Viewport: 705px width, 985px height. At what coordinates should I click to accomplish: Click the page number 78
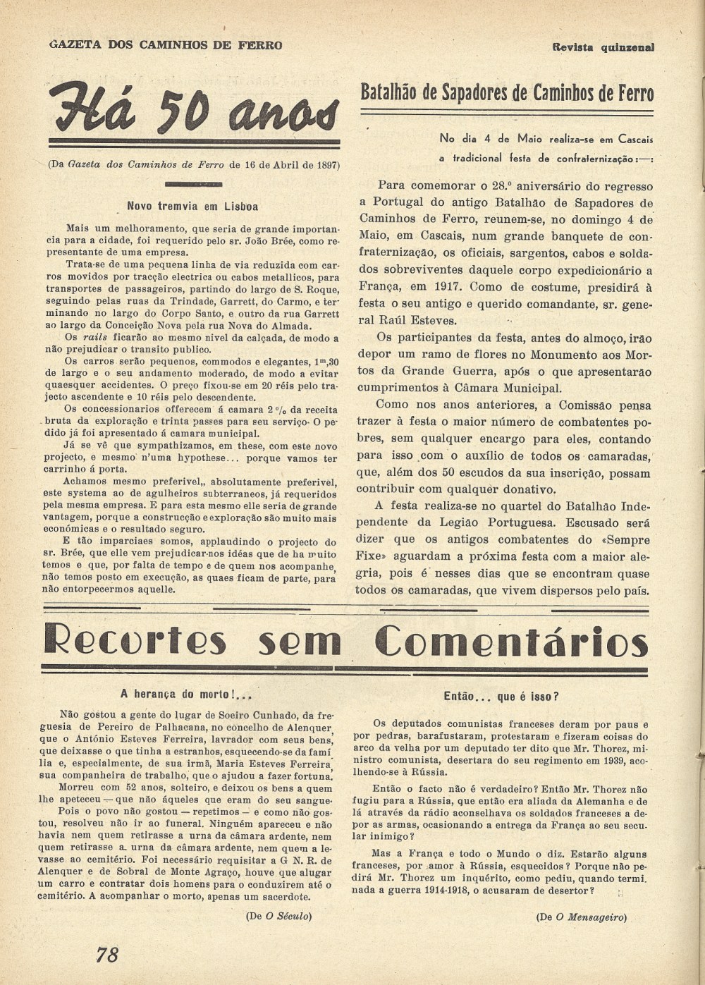(x=107, y=955)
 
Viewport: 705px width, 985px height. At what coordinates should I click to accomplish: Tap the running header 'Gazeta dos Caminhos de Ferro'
(x=166, y=45)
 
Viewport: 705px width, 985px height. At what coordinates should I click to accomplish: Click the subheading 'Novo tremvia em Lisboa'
(x=192, y=207)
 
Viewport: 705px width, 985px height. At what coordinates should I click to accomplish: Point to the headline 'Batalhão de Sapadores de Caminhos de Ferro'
(x=506, y=93)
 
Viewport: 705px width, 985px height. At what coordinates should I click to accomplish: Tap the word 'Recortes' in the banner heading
(x=135, y=642)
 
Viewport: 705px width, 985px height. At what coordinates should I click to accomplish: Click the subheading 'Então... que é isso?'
(x=501, y=697)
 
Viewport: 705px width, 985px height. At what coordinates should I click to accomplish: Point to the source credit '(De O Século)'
(x=278, y=916)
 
